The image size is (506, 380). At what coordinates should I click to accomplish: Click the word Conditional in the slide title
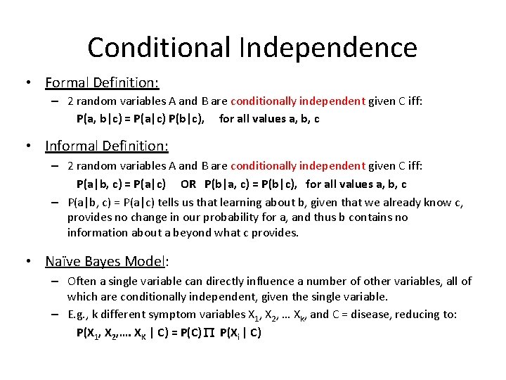point(159,48)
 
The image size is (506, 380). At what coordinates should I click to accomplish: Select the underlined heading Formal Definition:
point(102,83)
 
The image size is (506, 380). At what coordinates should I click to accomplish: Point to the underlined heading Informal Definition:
point(107,146)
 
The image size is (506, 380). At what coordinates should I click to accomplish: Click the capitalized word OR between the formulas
point(188,184)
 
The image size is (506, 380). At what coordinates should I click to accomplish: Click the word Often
point(82,281)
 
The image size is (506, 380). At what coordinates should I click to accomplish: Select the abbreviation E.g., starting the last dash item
point(78,314)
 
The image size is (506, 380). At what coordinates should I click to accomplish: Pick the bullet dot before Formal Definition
point(26,83)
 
